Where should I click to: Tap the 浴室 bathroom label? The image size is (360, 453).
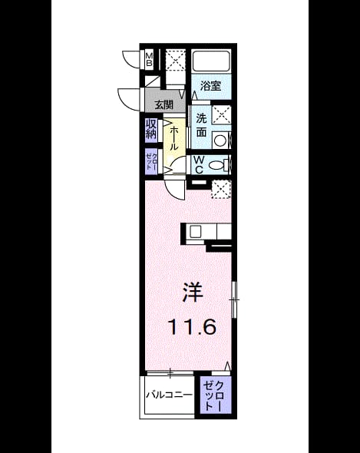coord(210,86)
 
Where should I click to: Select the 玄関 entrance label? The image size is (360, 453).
coord(163,104)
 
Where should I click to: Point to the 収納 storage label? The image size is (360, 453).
coord(150,129)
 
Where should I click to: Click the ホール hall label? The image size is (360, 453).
coord(173,138)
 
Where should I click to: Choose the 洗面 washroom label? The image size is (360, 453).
coord(201,125)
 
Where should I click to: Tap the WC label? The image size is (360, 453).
coord(199,164)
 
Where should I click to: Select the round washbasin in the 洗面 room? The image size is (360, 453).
coord(221,141)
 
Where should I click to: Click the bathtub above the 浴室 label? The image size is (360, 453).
coord(211,61)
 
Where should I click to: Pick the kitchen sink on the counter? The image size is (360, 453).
coord(195,231)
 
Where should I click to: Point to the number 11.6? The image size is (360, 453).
coord(192,327)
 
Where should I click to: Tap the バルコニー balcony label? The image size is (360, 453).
coord(170,395)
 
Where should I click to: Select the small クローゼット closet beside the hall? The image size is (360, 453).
coord(151,162)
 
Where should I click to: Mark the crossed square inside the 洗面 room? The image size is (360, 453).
coord(221,114)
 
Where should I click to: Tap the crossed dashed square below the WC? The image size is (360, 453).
coord(221,189)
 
